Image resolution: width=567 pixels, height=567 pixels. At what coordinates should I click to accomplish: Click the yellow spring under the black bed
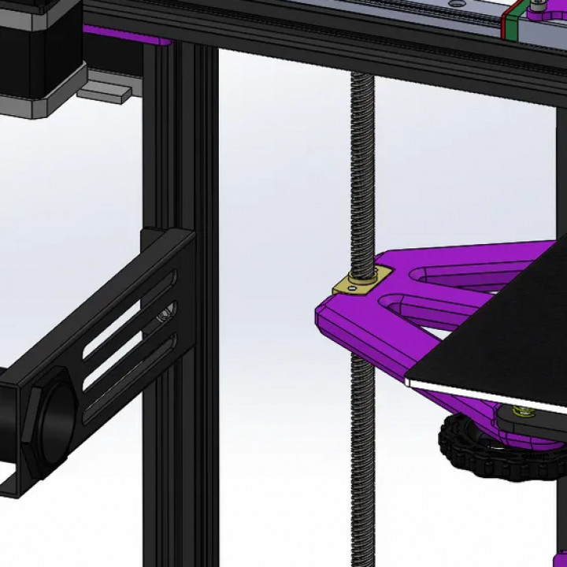click(521, 411)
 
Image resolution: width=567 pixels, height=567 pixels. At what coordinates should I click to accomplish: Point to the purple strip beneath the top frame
click(126, 35)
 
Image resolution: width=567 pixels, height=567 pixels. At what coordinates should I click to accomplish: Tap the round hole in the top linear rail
click(455, 4)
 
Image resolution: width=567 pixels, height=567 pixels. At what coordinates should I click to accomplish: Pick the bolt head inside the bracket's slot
click(164, 315)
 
